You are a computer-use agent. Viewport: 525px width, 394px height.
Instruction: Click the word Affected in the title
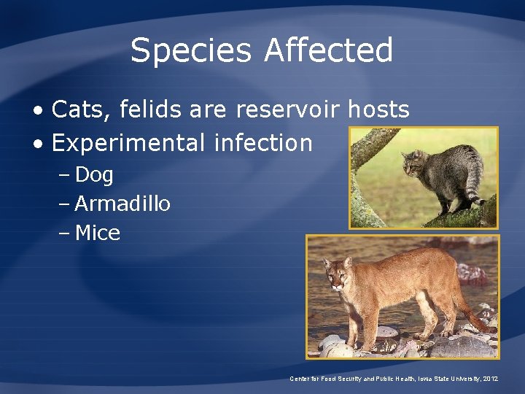pyautogui.click(x=329, y=51)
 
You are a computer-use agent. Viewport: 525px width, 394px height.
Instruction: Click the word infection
pyautogui.click(x=263, y=143)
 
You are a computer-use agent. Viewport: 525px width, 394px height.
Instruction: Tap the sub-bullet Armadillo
pyautogui.click(x=122, y=204)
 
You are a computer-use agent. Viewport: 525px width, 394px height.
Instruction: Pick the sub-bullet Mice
pyautogui.click(x=98, y=234)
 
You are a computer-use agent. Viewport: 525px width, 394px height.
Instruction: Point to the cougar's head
pyautogui.click(x=338, y=274)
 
